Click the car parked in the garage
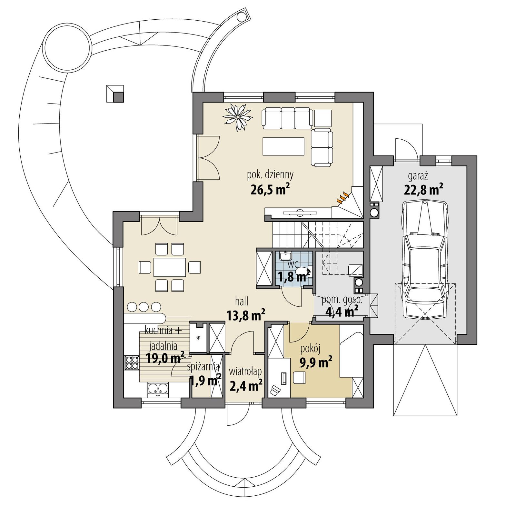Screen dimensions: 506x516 (425, 258)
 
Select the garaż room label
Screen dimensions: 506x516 (418, 176)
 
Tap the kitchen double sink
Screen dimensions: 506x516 (158, 389)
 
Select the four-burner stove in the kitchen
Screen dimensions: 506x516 (131, 362)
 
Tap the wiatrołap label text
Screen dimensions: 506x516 (245, 372)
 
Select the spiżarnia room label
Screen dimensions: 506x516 (204, 366)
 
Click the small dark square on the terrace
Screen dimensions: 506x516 (118, 97)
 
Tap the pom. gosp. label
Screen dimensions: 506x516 (342, 300)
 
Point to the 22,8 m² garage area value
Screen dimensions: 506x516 (423, 190)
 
